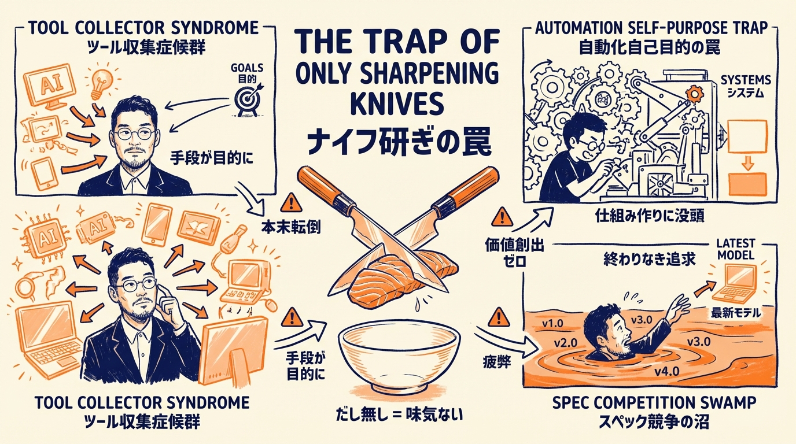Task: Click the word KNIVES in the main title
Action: pyautogui.click(x=397, y=105)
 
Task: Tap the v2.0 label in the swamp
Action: pyautogui.click(x=565, y=342)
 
